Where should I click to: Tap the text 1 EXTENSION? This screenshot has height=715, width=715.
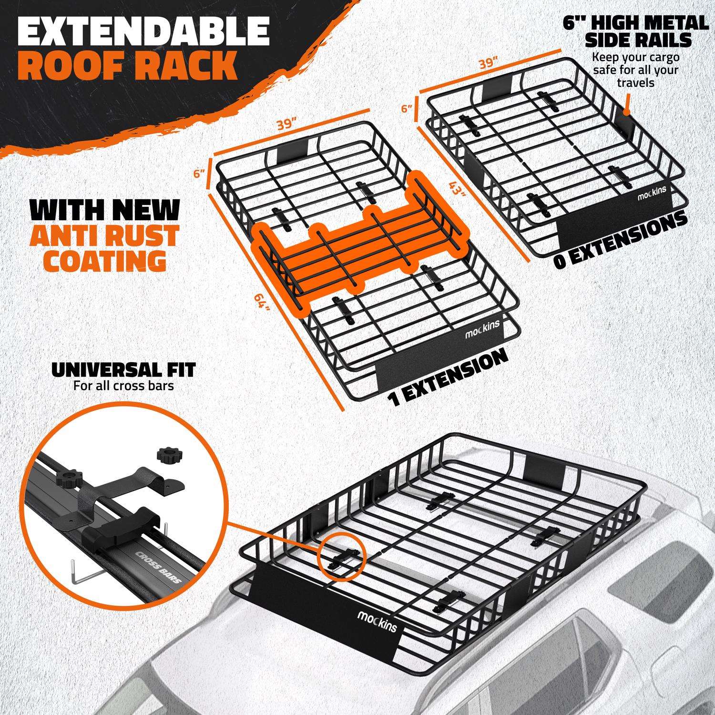pos(447,378)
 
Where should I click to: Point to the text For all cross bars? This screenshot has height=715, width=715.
pos(123,385)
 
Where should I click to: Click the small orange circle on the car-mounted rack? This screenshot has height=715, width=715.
pos(342,557)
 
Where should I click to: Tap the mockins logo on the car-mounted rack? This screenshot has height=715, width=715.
pos(377,621)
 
